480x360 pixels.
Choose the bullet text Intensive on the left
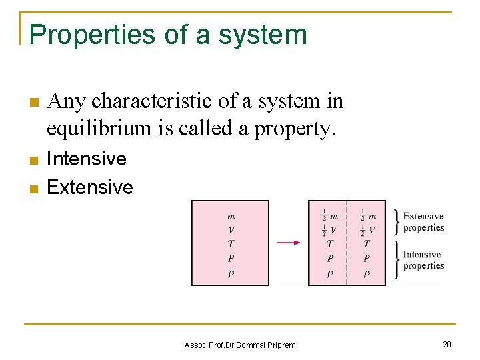coord(87,159)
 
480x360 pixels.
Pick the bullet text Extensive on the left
coord(90,187)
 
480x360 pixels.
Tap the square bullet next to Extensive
coord(33,189)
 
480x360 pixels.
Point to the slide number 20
coord(446,344)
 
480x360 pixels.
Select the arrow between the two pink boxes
coord(288,242)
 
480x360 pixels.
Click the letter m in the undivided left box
coord(231,215)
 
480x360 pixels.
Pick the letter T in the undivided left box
coord(231,244)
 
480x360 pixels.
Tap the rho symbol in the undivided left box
coord(231,273)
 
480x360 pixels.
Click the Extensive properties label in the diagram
coord(423,222)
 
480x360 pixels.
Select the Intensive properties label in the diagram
coord(423,260)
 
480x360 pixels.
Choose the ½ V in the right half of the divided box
coord(367,230)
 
